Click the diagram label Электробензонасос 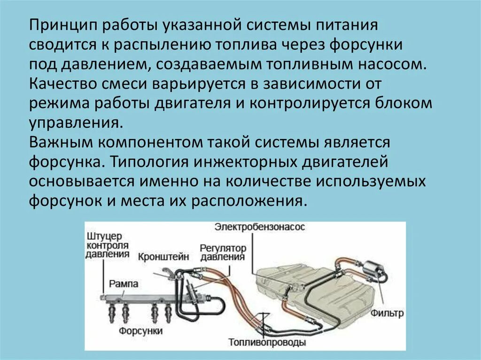(260, 227)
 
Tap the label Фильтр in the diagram (388, 313)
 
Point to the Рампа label (124, 283)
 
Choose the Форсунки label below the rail (140, 331)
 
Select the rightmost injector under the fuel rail (167, 312)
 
